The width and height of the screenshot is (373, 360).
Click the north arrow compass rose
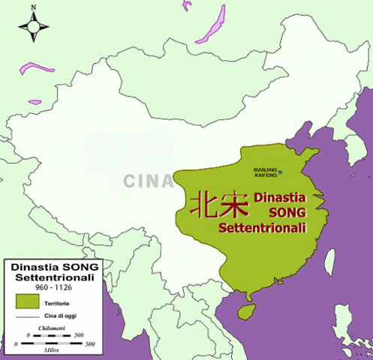(x=34, y=28)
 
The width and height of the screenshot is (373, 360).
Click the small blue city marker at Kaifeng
(x=281, y=172)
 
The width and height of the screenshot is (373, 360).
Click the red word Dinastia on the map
(x=281, y=199)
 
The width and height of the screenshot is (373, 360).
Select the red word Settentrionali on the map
(x=262, y=227)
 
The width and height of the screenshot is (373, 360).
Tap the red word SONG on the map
(x=284, y=214)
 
